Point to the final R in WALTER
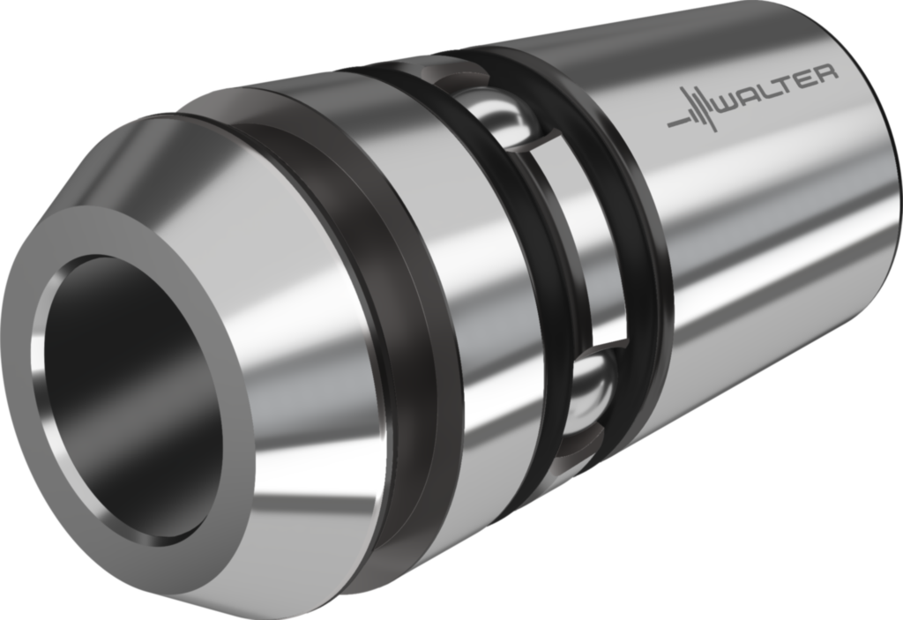click(x=827, y=75)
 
